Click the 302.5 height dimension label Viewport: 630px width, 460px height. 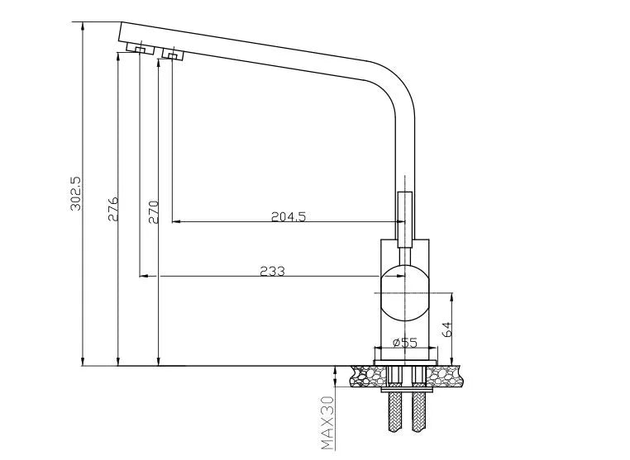click(74, 193)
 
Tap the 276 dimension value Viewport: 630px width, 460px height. click(112, 210)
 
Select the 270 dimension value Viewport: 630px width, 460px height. click(151, 212)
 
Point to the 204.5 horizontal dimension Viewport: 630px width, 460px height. click(289, 217)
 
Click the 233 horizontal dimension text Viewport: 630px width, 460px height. click(272, 270)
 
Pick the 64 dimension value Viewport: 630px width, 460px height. click(446, 328)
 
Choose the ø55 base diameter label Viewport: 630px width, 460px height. click(403, 342)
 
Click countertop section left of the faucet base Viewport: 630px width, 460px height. click(362, 376)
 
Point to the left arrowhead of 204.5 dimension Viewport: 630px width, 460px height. click(175, 222)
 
